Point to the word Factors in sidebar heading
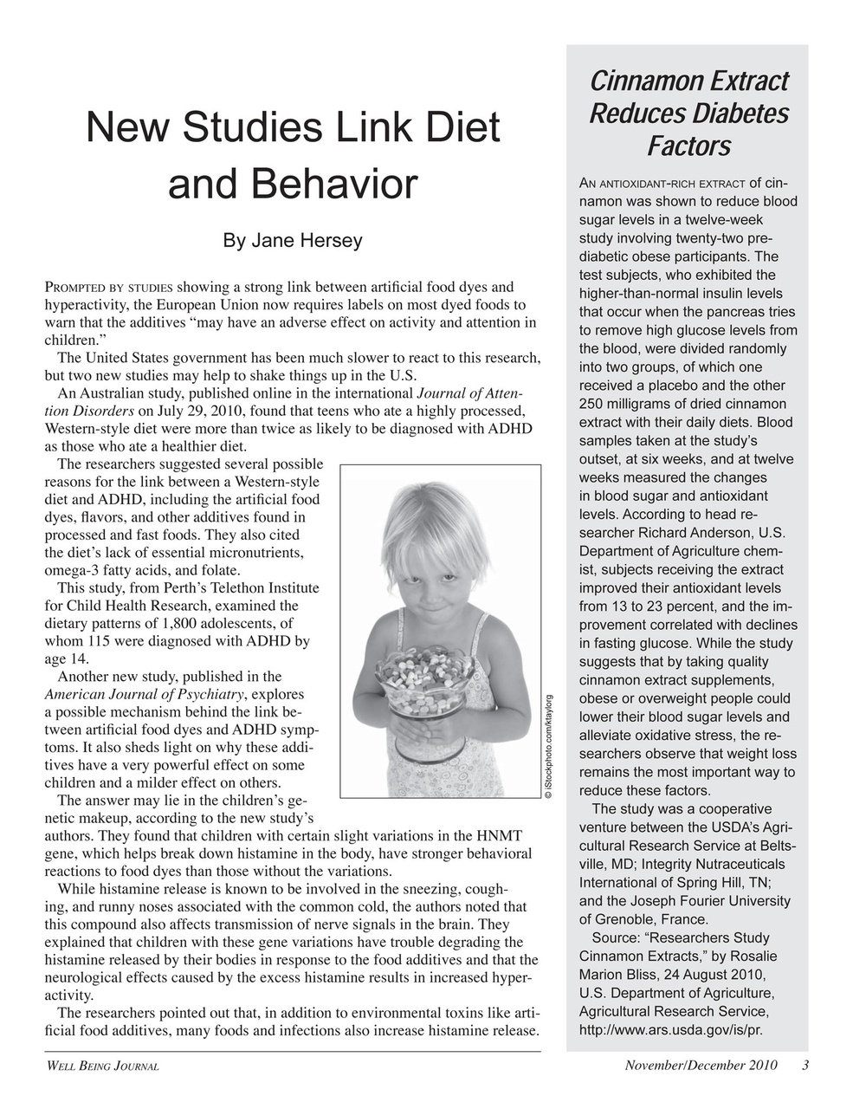pos(689,146)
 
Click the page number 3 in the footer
pos(805,1066)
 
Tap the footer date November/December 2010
pos(701,1066)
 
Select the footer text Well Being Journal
pos(101,1067)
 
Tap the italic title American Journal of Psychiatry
pos(145,694)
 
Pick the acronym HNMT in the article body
pos(500,836)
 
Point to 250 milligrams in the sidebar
pos(627,405)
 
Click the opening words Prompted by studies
pos(108,288)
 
